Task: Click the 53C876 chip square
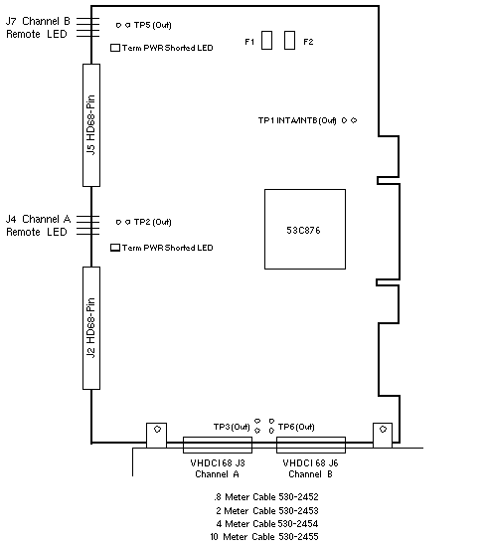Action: click(x=305, y=229)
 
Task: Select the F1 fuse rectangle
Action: click(x=266, y=40)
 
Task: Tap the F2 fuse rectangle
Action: click(x=289, y=40)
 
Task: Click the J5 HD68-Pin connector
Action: click(x=91, y=125)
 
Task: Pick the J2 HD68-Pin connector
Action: click(x=91, y=328)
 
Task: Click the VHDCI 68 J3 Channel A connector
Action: click(x=218, y=445)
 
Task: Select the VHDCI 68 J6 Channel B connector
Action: click(x=311, y=445)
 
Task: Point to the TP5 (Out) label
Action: click(x=153, y=25)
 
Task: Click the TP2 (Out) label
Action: click(x=153, y=222)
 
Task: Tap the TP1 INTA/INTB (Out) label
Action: click(x=297, y=120)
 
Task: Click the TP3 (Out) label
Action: click(x=232, y=427)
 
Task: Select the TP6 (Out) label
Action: click(x=296, y=427)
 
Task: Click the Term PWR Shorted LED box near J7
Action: click(x=115, y=48)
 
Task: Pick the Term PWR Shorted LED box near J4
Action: click(x=115, y=248)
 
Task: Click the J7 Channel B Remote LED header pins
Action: click(x=87, y=27)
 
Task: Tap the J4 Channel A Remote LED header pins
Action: click(x=87, y=225)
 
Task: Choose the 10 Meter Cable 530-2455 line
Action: click(x=264, y=536)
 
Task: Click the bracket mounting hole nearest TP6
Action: click(x=383, y=429)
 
